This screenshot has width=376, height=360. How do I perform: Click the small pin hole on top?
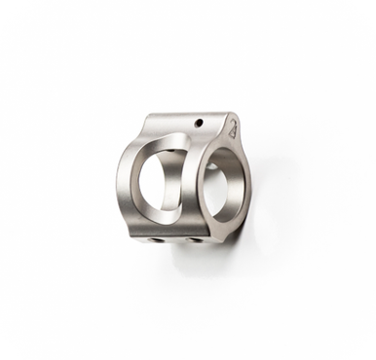click(x=199, y=123)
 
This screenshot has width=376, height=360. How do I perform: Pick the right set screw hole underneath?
click(x=194, y=238)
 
